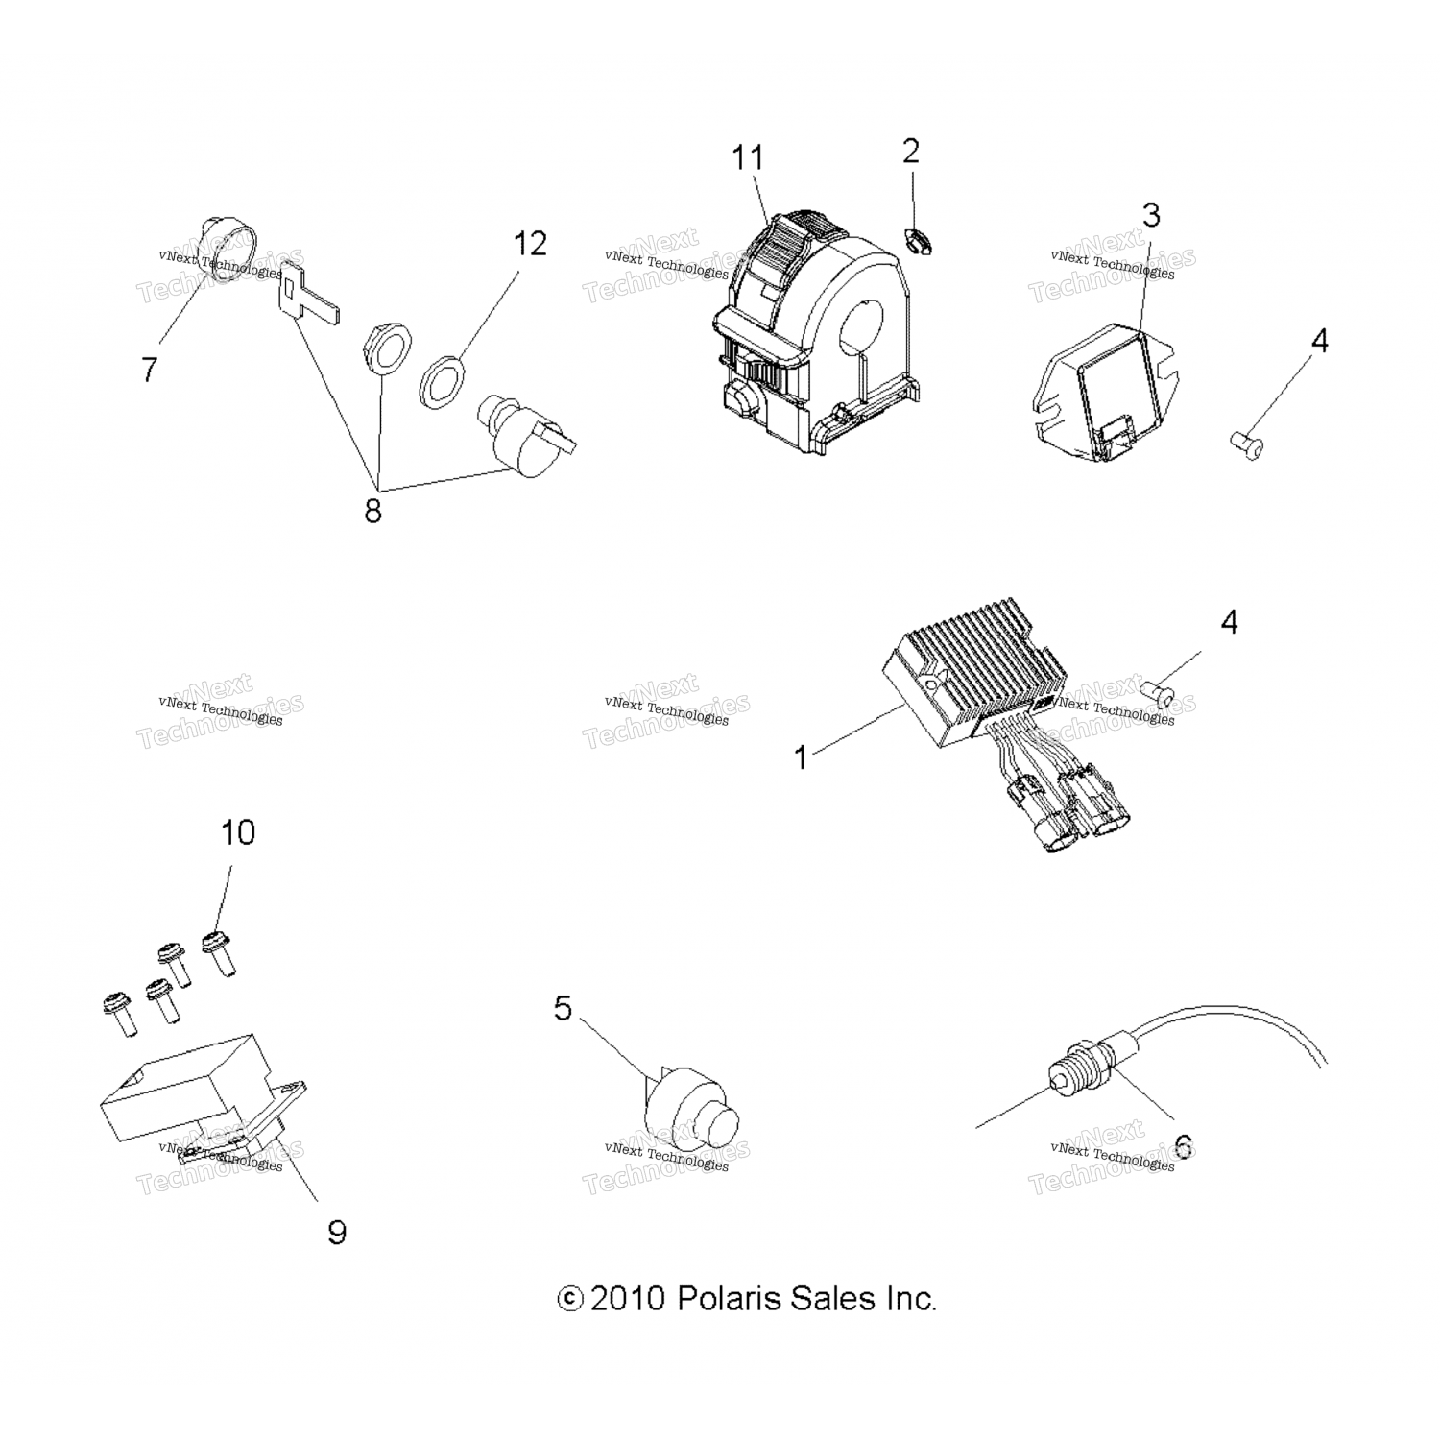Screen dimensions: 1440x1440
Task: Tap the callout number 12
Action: [529, 244]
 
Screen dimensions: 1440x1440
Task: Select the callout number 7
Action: [149, 369]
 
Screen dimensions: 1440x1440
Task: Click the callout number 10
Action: [238, 832]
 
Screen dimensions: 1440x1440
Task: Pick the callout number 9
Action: [336, 1232]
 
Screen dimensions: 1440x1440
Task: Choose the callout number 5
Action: [563, 1009]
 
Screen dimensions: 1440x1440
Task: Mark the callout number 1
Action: [802, 758]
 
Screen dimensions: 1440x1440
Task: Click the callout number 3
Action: [1151, 215]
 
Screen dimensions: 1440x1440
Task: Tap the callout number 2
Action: [911, 151]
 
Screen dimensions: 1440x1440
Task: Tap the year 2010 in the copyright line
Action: [628, 1299]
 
